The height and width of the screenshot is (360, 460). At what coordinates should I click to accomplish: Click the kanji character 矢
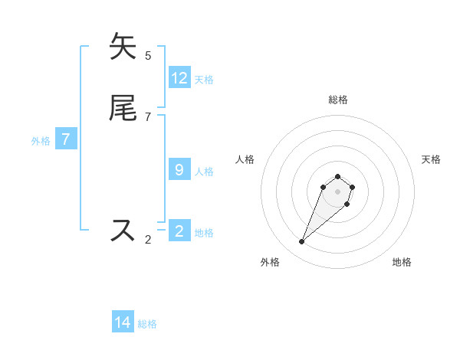123,47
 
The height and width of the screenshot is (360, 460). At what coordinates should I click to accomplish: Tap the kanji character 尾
123,109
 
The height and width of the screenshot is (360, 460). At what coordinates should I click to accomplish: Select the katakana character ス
123,230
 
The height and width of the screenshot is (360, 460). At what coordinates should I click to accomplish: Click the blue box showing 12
179,78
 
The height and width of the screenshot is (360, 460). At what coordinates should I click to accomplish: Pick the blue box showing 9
179,170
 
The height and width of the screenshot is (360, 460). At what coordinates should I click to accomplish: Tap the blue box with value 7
66,139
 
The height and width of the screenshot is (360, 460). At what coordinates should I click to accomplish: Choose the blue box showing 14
123,322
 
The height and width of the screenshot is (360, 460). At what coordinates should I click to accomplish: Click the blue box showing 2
179,231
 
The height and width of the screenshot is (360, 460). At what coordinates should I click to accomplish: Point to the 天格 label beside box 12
204,79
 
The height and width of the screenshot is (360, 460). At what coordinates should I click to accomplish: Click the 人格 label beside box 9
204,171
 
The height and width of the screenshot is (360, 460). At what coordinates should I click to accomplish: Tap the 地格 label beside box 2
204,232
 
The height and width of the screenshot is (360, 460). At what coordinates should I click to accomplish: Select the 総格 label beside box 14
147,324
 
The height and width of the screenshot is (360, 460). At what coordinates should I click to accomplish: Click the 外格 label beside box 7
41,141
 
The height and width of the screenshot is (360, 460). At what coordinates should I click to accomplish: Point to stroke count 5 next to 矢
148,55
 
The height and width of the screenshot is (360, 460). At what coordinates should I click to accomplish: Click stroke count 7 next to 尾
148,116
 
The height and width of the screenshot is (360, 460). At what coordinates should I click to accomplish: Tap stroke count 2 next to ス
148,239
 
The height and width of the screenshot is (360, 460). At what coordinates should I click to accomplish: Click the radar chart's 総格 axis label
337,100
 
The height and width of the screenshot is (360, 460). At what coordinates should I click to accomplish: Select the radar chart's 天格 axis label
431,159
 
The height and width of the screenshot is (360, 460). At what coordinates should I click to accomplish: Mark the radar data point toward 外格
301,242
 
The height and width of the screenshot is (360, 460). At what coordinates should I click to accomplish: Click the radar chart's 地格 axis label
402,263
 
